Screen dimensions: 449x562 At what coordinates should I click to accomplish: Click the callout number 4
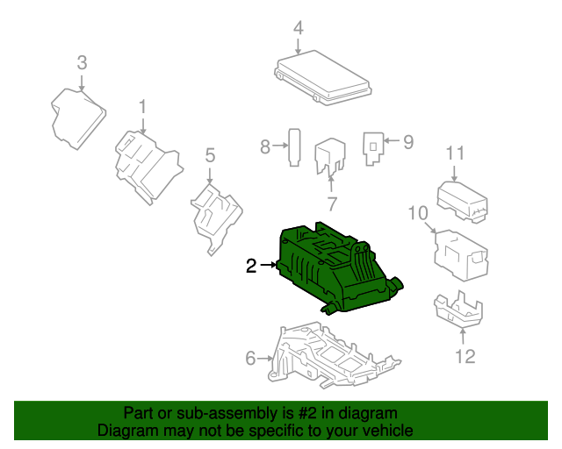click(x=299, y=27)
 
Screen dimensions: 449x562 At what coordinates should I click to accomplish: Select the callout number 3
click(x=82, y=62)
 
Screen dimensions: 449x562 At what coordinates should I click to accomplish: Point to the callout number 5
click(x=210, y=155)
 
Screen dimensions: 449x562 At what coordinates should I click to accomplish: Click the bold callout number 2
click(x=251, y=266)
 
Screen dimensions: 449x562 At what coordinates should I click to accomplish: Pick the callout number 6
click(x=250, y=358)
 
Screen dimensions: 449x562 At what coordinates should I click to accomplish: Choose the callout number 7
click(x=332, y=204)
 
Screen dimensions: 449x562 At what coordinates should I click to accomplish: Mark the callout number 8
click(x=265, y=147)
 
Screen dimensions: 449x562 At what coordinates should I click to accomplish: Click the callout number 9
click(x=407, y=141)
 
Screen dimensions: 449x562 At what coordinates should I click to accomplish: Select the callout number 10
click(x=417, y=212)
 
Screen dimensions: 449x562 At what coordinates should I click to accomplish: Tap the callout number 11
click(x=454, y=153)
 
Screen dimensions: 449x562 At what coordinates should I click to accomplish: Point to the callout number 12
click(x=465, y=355)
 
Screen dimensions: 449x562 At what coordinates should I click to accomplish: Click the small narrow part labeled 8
click(x=296, y=146)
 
